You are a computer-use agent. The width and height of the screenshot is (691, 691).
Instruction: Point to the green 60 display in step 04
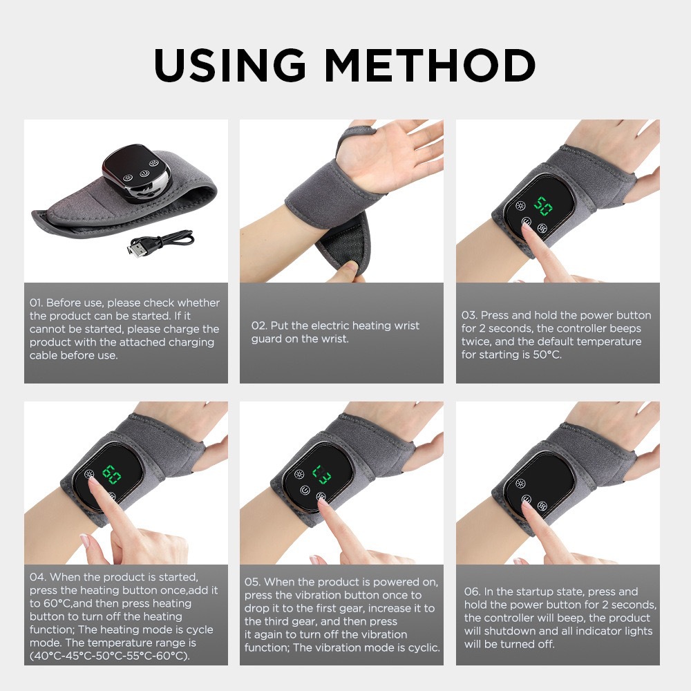pyautogui.click(x=111, y=474)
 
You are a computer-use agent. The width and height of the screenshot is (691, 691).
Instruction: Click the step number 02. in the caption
pyautogui.click(x=259, y=325)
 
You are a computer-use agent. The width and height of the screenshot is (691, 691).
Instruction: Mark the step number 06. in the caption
pyautogui.click(x=473, y=591)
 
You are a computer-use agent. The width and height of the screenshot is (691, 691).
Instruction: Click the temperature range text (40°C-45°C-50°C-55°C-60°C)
pyautogui.click(x=109, y=656)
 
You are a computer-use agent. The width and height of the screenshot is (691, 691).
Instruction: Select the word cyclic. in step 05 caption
pyautogui.click(x=421, y=647)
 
